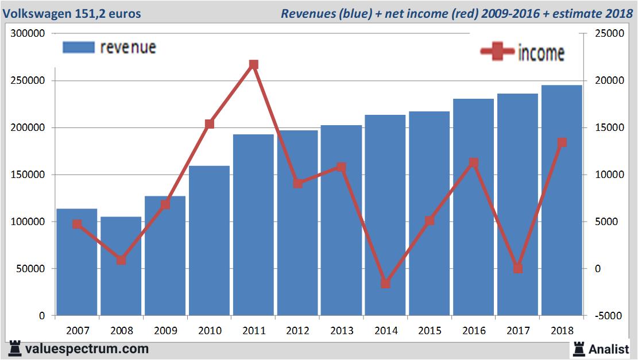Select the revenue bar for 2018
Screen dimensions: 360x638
[x=562, y=200]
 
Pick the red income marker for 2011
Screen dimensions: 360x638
[x=253, y=64]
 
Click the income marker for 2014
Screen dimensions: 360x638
[x=385, y=283]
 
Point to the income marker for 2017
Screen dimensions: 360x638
[x=518, y=268]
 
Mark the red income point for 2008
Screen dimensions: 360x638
[x=121, y=260]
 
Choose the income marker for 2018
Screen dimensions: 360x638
[x=562, y=142]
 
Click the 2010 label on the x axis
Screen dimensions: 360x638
[x=209, y=331]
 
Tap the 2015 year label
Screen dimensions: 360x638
[x=430, y=331]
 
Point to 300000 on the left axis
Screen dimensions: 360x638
[x=28, y=34]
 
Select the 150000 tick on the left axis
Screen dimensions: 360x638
[x=28, y=175]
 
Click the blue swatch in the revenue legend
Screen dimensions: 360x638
[x=78, y=47]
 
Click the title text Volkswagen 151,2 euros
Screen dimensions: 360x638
[x=72, y=13]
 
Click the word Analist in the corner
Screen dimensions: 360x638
[x=609, y=349]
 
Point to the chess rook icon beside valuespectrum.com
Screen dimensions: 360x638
[x=15, y=349]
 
